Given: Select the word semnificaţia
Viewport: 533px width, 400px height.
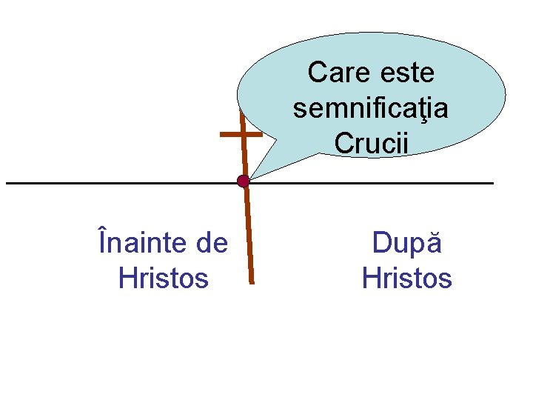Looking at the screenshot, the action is [370, 109].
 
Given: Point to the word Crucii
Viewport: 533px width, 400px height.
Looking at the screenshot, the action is [371, 143].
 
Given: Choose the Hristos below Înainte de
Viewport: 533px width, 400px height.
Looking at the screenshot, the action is [164, 278].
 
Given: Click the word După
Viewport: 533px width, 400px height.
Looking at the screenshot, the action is [406, 242].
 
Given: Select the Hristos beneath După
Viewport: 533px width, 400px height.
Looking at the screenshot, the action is [406, 278].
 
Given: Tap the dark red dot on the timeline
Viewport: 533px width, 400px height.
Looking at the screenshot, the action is [243, 181].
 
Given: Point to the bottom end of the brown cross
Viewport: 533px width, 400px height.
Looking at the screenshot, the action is [252, 282].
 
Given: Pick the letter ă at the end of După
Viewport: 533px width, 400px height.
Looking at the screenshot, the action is [435, 243].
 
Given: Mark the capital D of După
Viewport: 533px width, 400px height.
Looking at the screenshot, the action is [382, 243].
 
